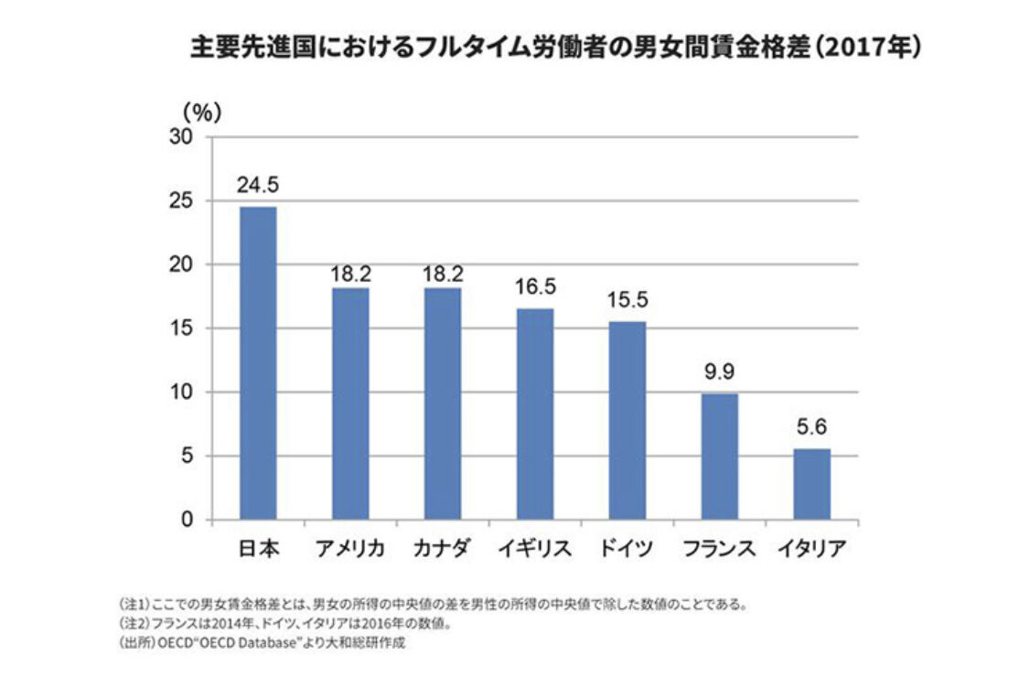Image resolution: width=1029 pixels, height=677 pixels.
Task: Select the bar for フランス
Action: coord(719,457)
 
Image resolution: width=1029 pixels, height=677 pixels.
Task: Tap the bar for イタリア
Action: coord(811,484)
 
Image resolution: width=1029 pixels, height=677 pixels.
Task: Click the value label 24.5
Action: coord(257,186)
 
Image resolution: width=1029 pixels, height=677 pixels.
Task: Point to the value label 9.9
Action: coord(719,372)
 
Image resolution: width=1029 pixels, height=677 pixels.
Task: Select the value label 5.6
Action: coord(811,427)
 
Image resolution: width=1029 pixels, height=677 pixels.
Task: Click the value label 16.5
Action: coord(534,288)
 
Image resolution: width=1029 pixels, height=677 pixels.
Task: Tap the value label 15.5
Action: coord(627,301)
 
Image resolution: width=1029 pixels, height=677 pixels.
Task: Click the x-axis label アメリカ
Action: coord(349,549)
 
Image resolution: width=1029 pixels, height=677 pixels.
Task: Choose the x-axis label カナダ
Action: coord(442,549)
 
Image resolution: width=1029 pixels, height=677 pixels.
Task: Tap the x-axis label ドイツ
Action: coord(627,549)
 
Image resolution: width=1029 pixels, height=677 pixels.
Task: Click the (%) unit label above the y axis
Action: coord(201,112)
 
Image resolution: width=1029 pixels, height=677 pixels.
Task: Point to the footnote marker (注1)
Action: coord(133,606)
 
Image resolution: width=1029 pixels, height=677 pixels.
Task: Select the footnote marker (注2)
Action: coord(133,625)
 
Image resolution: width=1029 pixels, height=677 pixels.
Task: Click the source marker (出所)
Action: coord(134,643)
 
